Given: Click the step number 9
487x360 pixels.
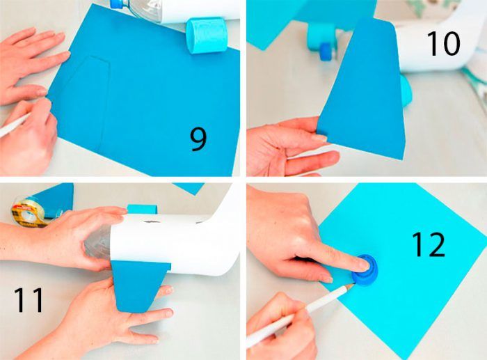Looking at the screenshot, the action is point(198,139).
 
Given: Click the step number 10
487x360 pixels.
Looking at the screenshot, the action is point(444,44).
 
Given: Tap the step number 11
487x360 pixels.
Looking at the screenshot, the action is point(29,299).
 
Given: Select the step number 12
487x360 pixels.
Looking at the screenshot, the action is point(429,245).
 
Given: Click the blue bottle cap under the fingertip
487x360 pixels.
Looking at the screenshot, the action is point(365,270).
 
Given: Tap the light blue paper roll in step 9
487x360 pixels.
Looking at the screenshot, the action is point(207,35).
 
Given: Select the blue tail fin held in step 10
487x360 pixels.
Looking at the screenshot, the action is point(363,93).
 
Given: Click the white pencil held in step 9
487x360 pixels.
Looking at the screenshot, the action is point(14,125).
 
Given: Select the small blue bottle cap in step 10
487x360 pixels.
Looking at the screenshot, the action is point(326,52).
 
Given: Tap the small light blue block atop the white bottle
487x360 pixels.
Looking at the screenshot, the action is point(142,209).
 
